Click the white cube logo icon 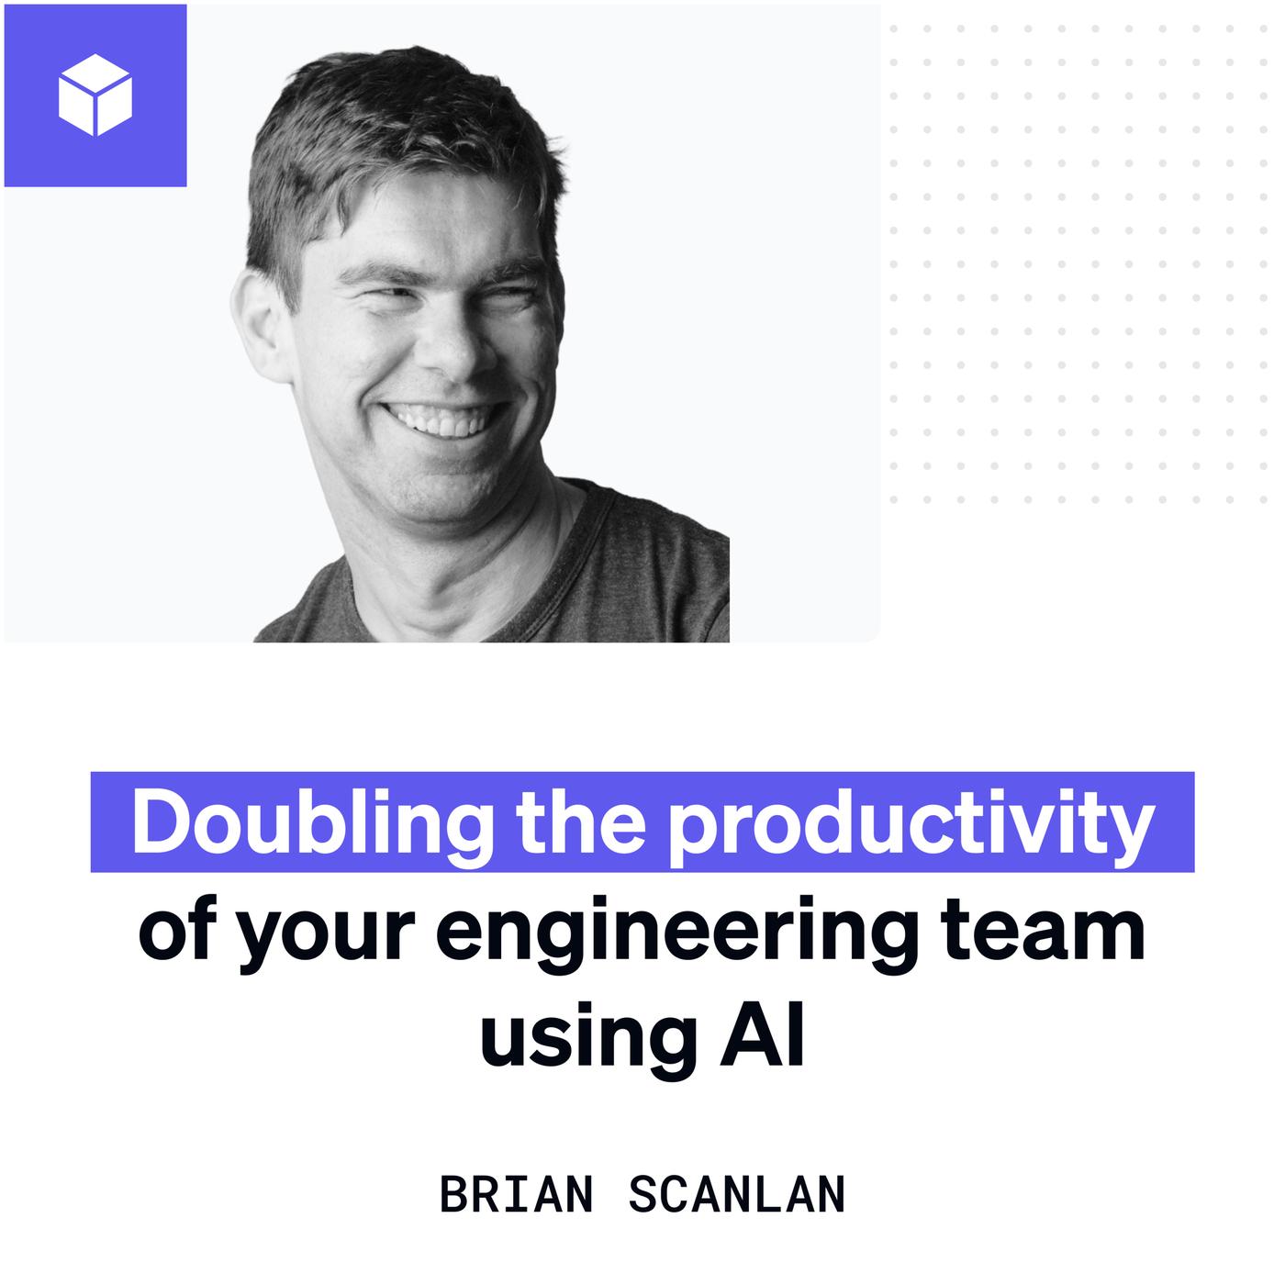coord(95,95)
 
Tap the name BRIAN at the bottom coord(516,1195)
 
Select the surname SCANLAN coord(738,1195)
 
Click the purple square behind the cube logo coord(95,95)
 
